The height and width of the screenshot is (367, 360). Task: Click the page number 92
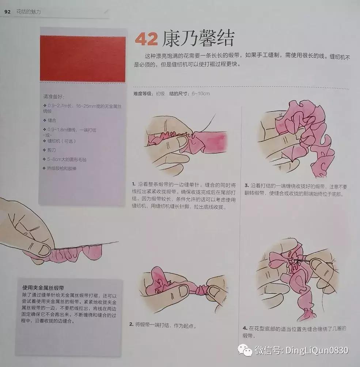click(7, 12)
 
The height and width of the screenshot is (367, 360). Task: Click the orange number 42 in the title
click(147, 39)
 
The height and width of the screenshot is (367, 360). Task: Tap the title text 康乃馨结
click(198, 38)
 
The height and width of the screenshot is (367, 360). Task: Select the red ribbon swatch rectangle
click(83, 58)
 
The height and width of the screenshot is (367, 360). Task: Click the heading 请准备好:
click(54, 98)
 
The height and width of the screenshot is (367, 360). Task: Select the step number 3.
click(246, 186)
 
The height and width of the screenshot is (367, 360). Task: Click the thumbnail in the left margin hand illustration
click(44, 250)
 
